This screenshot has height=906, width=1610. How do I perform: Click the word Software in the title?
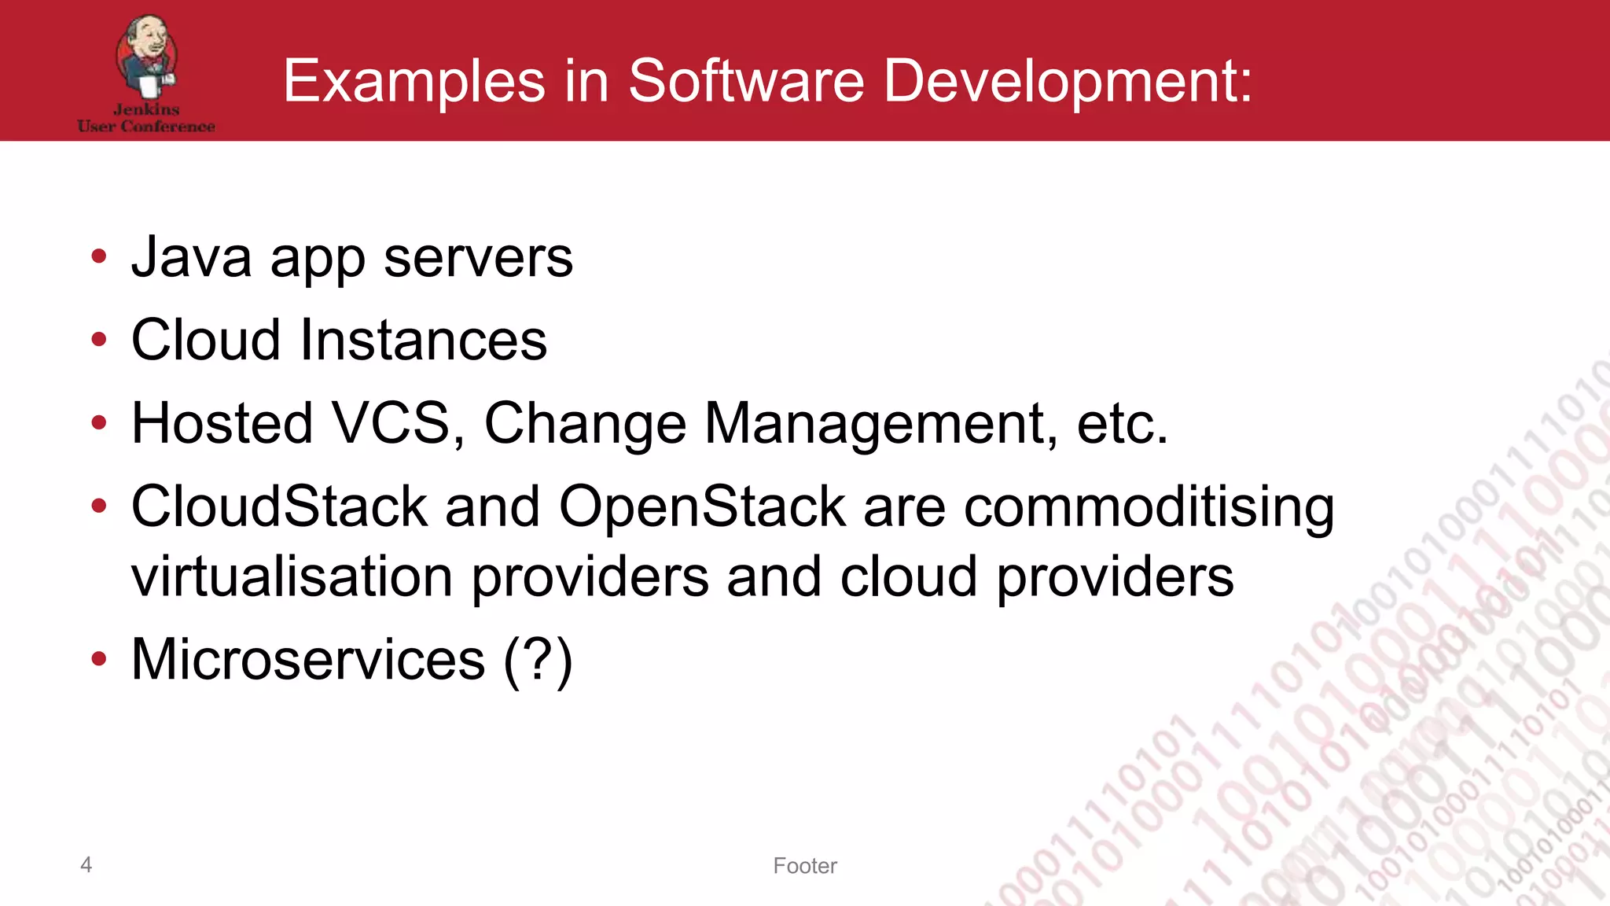click(x=746, y=80)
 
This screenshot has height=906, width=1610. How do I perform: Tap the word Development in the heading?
click(x=1068, y=82)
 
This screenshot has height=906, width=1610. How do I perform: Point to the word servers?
click(x=478, y=259)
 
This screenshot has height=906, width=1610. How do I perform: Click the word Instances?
click(x=424, y=341)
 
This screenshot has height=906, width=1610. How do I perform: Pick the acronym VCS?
click(x=391, y=423)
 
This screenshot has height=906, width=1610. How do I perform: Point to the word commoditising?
click(x=1149, y=507)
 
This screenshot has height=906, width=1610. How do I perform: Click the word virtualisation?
click(x=292, y=576)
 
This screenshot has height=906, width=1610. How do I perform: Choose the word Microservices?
click(x=308, y=659)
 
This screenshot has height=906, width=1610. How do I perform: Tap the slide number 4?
click(x=86, y=864)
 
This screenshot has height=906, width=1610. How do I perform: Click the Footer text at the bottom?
click(x=805, y=866)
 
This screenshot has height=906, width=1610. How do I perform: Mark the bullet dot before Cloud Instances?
click(x=98, y=340)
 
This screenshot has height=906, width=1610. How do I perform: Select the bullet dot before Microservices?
click(x=98, y=658)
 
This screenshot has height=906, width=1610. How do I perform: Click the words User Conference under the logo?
click(x=146, y=127)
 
